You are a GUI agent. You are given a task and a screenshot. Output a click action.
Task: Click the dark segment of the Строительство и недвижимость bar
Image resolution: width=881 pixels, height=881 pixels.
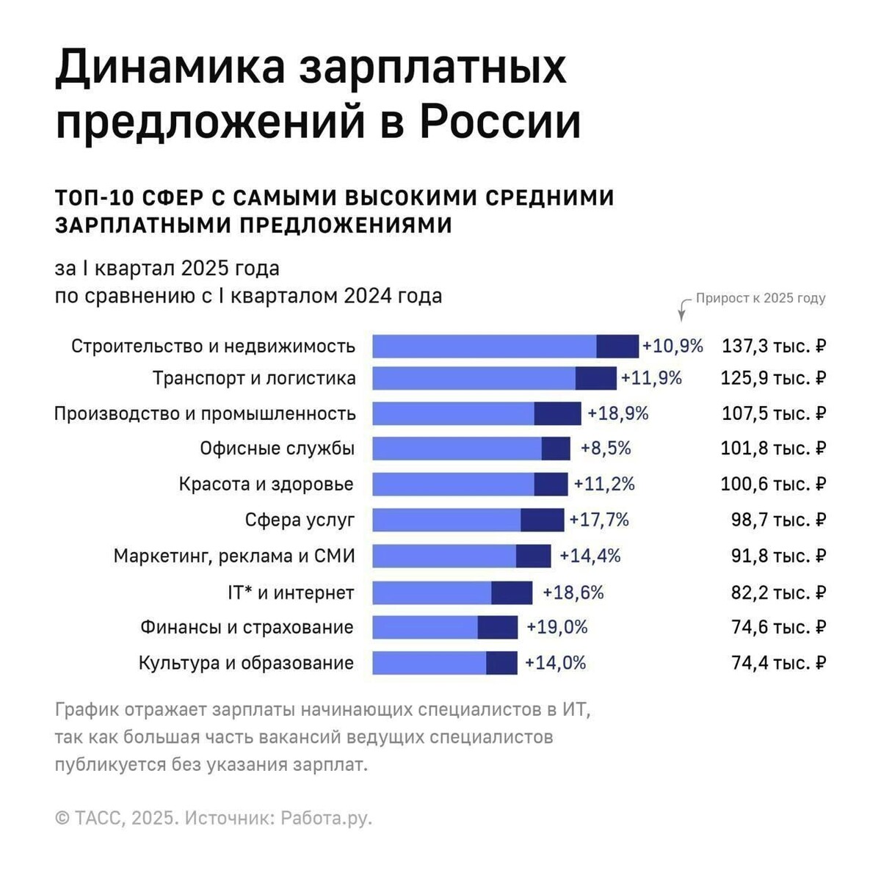(617, 346)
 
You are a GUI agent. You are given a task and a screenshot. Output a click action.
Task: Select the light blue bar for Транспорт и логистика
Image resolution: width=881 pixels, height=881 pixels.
(474, 378)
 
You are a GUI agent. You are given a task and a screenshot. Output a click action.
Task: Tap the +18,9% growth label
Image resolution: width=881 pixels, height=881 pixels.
(618, 413)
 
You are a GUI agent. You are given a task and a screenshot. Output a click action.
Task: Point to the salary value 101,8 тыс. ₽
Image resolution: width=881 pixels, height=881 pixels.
(773, 448)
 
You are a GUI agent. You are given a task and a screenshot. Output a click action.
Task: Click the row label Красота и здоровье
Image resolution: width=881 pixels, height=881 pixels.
(266, 485)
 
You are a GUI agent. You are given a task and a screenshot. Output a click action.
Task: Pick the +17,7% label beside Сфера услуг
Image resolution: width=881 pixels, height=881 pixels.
(599, 520)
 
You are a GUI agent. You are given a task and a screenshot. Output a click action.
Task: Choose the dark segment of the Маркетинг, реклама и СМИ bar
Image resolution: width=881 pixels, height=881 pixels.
(533, 556)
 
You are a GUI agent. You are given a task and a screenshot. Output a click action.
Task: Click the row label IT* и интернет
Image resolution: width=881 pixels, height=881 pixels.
(291, 592)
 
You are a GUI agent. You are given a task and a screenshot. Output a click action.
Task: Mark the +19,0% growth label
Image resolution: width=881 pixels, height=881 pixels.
(557, 627)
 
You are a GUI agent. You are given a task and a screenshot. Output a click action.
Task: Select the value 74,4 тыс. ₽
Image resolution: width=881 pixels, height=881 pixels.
(778, 663)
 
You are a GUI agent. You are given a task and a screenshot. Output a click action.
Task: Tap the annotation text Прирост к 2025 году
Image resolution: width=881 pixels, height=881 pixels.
(760, 298)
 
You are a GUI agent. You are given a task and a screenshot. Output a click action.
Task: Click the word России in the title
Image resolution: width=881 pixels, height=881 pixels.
(499, 122)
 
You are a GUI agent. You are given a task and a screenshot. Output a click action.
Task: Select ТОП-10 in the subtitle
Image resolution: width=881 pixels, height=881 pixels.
(93, 198)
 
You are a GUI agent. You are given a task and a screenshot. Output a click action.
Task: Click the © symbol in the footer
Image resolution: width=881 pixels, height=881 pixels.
(62, 818)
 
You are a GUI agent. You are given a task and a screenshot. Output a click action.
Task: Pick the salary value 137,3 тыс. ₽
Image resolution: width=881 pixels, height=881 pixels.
(774, 346)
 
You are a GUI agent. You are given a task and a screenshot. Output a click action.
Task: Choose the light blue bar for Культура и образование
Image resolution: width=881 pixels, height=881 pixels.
(429, 663)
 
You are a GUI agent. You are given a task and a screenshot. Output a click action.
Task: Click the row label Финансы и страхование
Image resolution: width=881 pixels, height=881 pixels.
(247, 628)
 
